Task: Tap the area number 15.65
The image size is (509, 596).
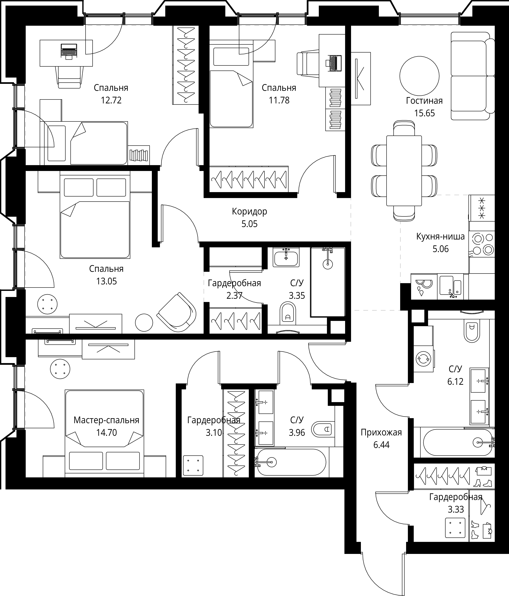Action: (424, 113)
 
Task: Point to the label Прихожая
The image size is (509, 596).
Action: (381, 432)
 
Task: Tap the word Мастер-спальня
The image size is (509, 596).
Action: (106, 420)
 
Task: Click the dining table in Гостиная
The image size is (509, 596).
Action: (404, 171)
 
